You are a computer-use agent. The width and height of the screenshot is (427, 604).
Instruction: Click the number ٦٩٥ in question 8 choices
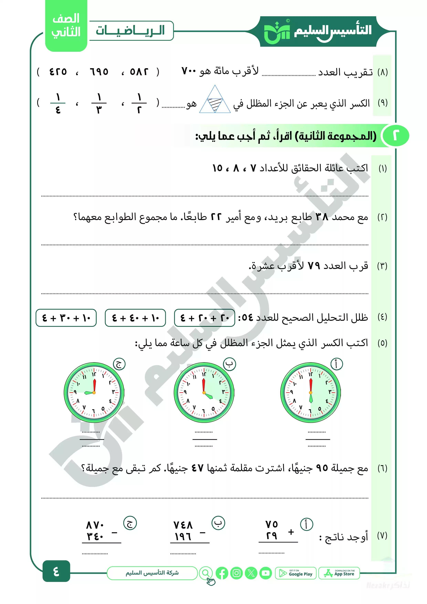pos(99,72)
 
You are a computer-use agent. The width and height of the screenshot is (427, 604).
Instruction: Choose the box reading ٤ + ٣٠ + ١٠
pos(66,318)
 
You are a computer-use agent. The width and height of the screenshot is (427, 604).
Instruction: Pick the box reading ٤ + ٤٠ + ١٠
pos(135,318)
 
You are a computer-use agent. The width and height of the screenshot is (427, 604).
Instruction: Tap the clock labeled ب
pos(204,393)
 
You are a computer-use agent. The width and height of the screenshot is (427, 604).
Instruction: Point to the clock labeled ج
pos(94,393)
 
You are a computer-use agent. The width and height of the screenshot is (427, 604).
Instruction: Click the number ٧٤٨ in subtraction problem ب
pos(183,525)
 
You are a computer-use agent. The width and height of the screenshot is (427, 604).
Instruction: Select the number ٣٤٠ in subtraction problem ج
pos(95,536)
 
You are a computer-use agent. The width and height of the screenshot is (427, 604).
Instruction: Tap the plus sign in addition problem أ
pos(291,532)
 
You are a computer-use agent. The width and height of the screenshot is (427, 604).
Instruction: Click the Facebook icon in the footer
pos(222,573)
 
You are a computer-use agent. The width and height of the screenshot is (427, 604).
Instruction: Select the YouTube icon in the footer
pos(266,573)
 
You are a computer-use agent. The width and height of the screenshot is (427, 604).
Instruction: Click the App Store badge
pos(339,573)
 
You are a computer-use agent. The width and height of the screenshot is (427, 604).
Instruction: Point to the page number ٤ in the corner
pos(56,571)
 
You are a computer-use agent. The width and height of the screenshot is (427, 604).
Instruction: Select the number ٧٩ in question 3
pos(314,266)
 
